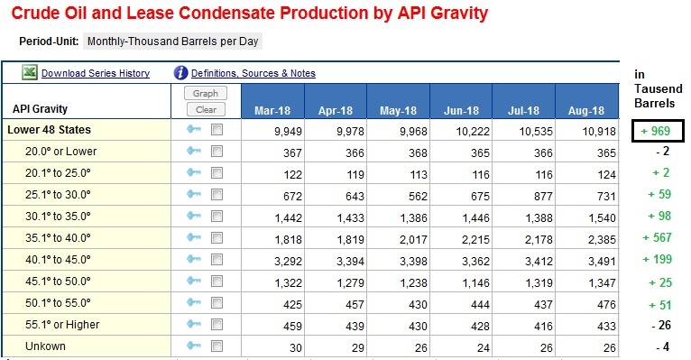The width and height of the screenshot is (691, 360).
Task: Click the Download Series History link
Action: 96,73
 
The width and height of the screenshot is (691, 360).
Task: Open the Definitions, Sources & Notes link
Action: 253,73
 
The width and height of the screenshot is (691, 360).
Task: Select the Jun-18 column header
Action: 461,110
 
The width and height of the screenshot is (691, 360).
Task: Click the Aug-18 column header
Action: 586,110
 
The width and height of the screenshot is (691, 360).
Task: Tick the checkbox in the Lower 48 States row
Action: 217,130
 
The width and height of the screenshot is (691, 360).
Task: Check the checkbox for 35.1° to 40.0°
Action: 217,238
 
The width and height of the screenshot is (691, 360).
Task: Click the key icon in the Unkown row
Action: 193,346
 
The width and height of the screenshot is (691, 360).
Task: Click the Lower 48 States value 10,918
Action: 599,132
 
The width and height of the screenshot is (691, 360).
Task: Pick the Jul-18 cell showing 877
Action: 543,196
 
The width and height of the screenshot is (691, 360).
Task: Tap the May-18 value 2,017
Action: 413,240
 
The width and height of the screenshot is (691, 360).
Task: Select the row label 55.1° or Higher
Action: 62,325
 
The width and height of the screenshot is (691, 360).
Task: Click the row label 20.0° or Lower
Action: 60,152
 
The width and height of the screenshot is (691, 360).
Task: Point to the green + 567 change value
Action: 657,238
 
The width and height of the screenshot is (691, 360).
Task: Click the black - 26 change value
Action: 661,325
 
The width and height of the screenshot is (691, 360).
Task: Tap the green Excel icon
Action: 30,72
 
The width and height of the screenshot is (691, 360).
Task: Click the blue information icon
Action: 180,73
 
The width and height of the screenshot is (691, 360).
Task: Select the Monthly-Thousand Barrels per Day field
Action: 173,42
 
